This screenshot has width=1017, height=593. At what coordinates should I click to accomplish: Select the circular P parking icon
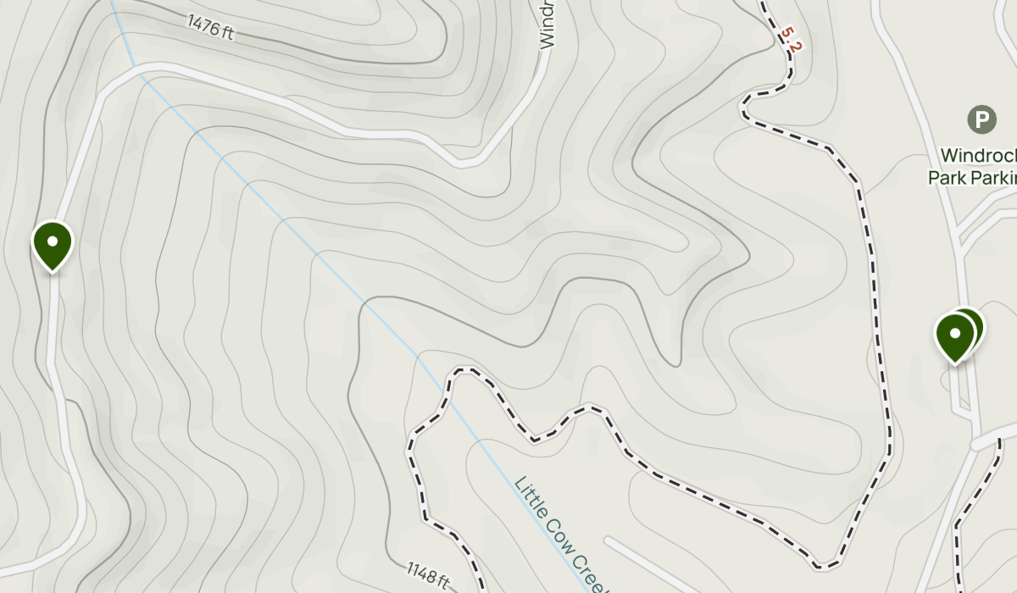coord(981,119)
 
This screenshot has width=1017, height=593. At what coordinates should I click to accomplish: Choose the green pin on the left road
coord(53,244)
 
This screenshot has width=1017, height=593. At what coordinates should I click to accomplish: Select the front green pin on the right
coord(955,335)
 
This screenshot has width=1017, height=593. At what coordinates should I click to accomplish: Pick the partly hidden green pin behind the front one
coord(971,322)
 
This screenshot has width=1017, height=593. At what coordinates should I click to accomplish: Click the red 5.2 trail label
coord(790,39)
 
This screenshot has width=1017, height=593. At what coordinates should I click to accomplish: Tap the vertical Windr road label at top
coord(547,24)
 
